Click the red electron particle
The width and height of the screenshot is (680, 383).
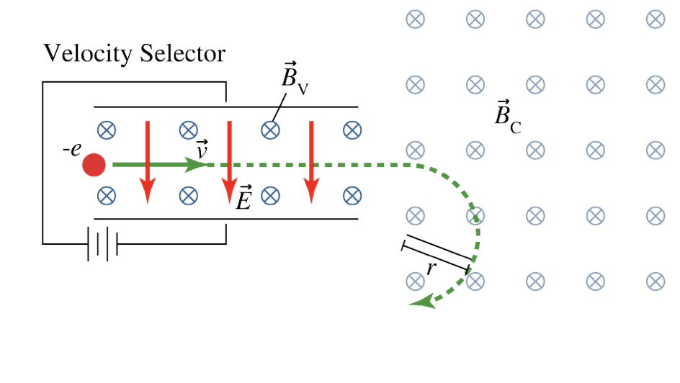point(94,165)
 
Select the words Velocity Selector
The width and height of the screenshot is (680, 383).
point(135,53)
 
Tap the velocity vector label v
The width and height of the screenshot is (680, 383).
point(202,152)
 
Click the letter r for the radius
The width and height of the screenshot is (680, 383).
point(430,269)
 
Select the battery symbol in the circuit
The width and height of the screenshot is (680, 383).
point(102,244)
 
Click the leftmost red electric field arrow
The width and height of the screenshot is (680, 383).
point(148,162)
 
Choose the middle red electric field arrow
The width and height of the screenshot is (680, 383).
point(229,162)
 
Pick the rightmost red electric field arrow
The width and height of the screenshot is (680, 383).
point(311,162)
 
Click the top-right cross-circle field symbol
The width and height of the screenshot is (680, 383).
point(655,19)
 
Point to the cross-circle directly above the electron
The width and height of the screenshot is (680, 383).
point(106,130)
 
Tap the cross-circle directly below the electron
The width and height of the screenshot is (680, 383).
point(106,195)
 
